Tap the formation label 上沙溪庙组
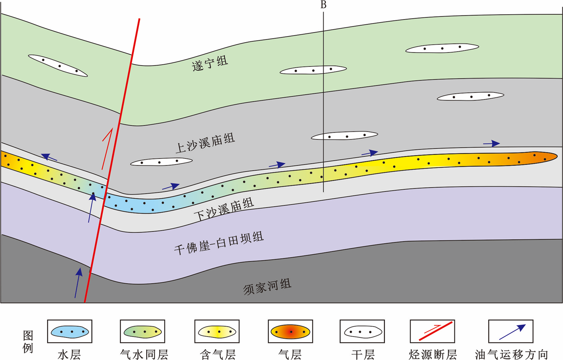coord(205,143)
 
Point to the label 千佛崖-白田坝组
coord(219,243)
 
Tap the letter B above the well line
coord(323,5)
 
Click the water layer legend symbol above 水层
coord(70,332)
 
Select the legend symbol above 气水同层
coord(142,332)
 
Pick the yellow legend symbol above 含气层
coord(217,332)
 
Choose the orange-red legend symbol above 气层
coord(290,332)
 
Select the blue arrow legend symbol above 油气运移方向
coord(512,331)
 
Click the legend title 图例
coord(28,341)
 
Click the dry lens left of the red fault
coord(58,65)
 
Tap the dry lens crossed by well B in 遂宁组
coord(313,70)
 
